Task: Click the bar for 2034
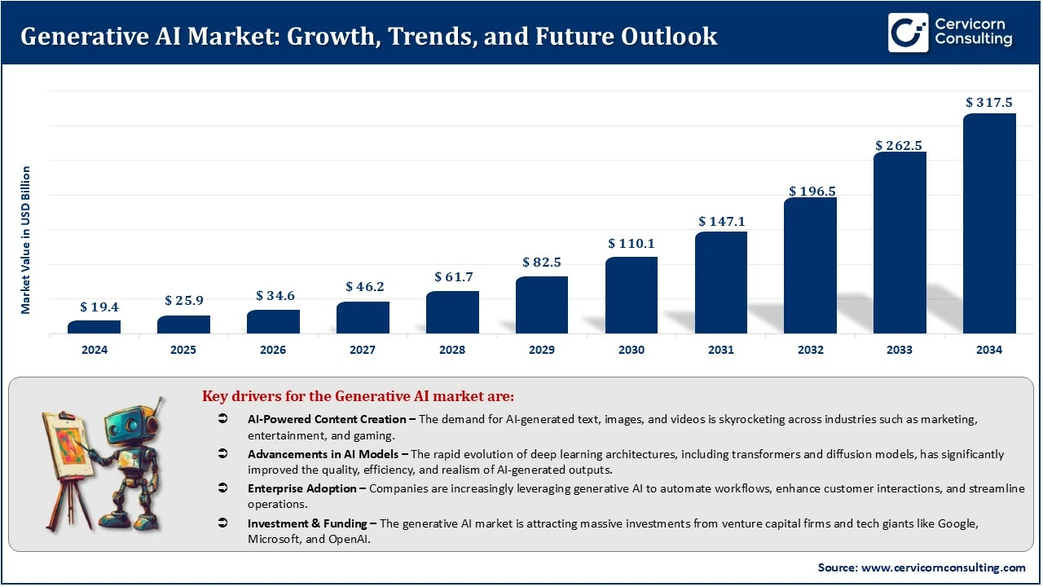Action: (x=989, y=223)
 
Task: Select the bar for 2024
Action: (x=94, y=326)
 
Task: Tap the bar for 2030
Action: (x=632, y=295)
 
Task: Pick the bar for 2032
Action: (x=810, y=265)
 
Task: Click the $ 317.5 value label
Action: (x=989, y=103)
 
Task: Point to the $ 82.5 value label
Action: (x=542, y=263)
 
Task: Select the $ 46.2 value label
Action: (x=363, y=287)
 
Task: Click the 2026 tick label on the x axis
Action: (x=273, y=350)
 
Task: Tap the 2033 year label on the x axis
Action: (x=900, y=350)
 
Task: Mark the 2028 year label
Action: (x=452, y=350)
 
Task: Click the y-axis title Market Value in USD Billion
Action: (x=26, y=240)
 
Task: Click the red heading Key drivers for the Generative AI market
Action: (x=359, y=397)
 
